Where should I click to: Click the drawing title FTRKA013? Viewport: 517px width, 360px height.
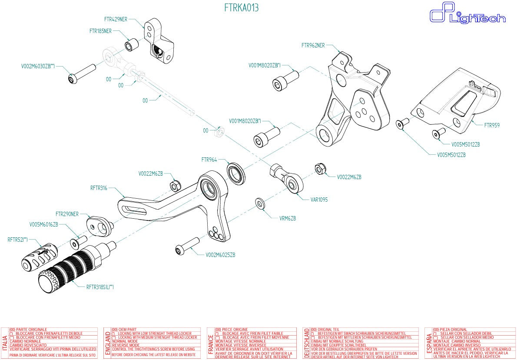tap(241, 8)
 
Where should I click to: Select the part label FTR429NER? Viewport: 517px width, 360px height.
tap(116, 20)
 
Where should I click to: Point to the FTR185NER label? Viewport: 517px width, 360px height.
tap(100, 31)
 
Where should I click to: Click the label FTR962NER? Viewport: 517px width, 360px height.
tap(313, 45)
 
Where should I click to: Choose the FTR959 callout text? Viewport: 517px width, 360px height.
tap(492, 125)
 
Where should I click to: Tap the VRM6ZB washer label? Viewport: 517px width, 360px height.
tap(288, 218)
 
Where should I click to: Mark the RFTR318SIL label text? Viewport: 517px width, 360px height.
tap(100, 287)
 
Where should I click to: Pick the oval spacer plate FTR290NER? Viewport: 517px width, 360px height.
tap(99, 225)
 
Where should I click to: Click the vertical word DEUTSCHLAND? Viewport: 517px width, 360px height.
tap(307, 343)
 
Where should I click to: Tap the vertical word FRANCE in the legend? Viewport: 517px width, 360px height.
tap(211, 343)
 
